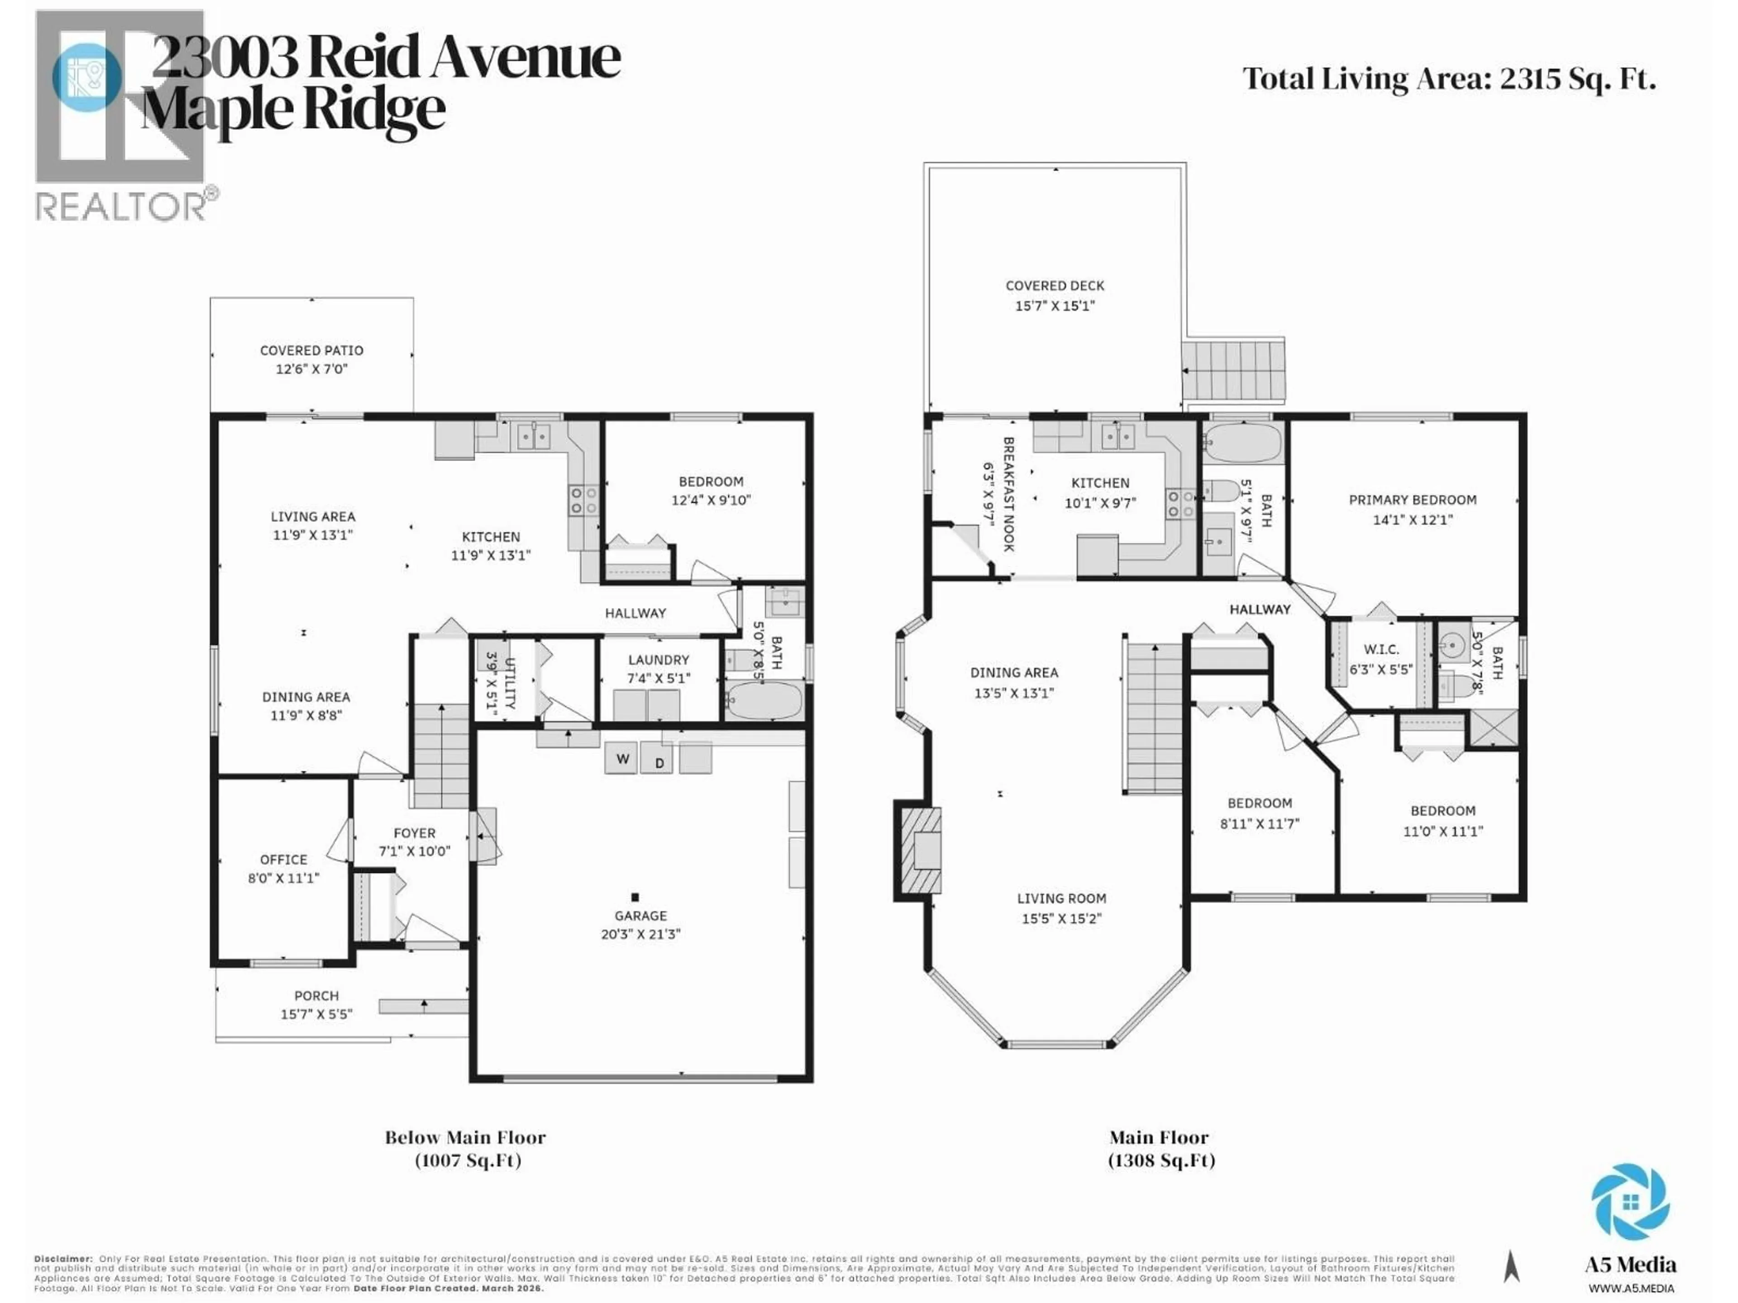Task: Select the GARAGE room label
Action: (640, 916)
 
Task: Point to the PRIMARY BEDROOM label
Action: (1412, 499)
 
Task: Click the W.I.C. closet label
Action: (1380, 650)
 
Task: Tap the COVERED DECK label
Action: (1055, 286)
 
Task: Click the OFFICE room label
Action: (284, 859)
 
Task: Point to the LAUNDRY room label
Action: (659, 660)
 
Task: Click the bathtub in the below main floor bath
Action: (763, 700)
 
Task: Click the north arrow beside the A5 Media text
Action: (1511, 1266)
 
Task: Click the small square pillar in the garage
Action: (635, 897)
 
